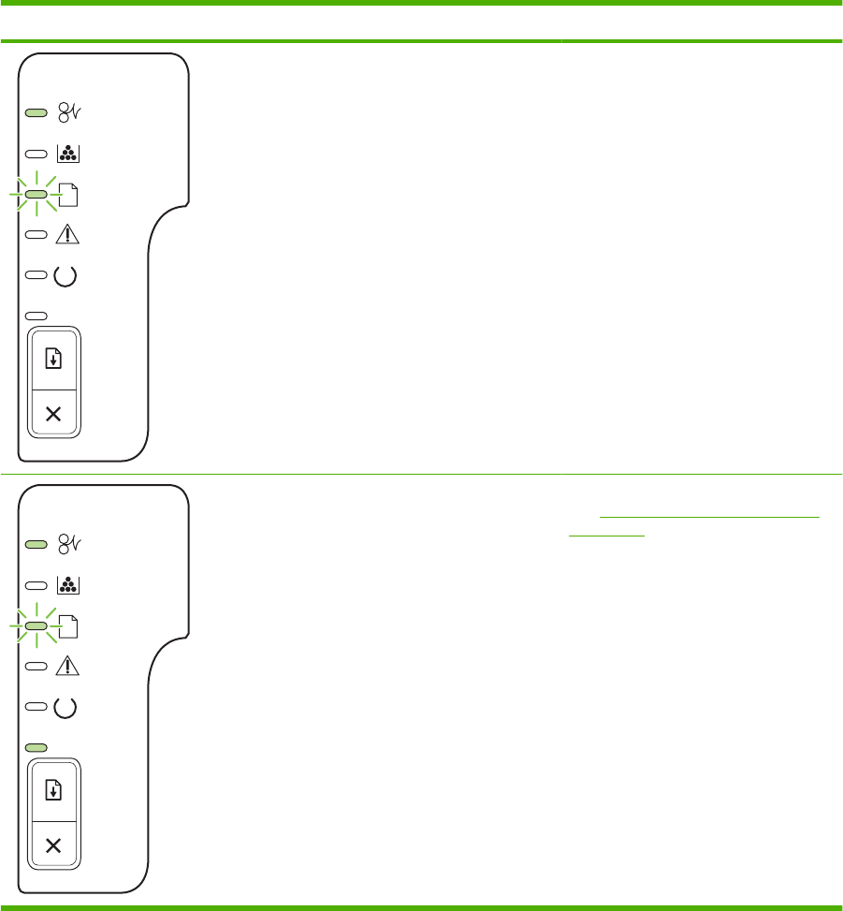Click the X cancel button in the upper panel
[53, 414]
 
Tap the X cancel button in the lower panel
[53, 845]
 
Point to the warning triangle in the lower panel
[68, 667]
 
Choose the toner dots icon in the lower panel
[68, 585]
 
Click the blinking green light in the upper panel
[36, 195]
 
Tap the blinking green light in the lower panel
[36, 625]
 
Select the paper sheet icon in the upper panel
[69, 195]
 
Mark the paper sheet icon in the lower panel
[69, 625]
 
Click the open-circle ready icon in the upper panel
[68, 276]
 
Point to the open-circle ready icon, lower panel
[68, 707]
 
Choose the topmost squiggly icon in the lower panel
[68, 544]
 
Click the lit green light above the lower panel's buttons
[36, 747]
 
